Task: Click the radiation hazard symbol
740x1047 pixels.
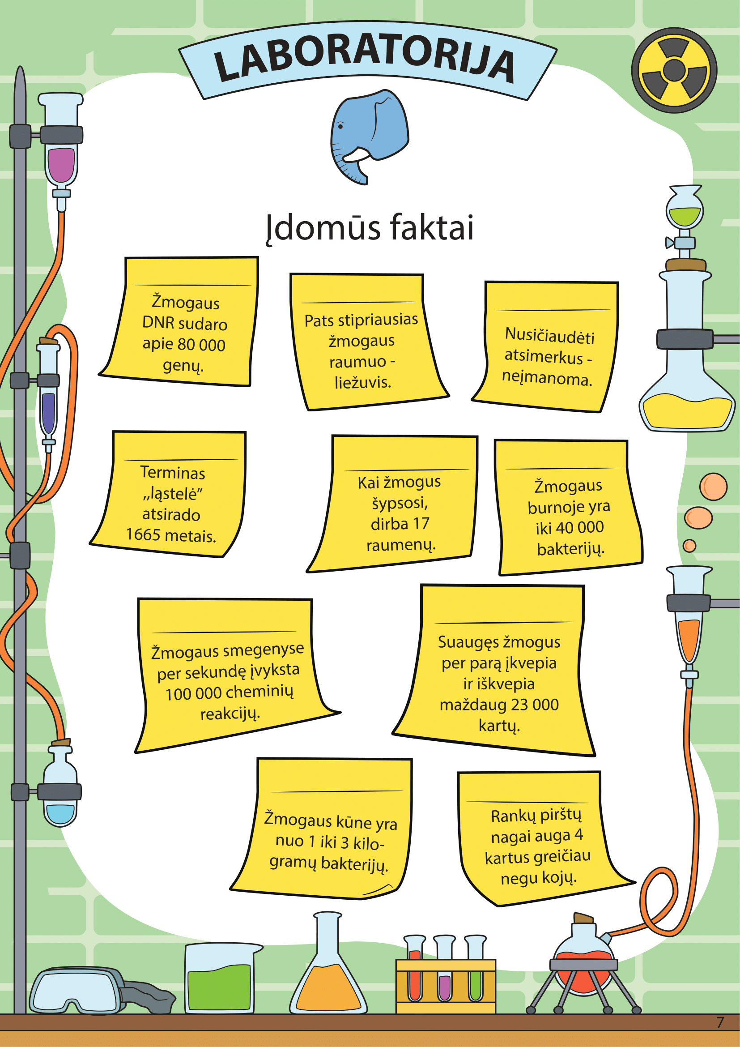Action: tap(674, 70)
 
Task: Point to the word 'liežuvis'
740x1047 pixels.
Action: tap(363, 382)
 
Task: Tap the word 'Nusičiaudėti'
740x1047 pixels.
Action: tap(549, 336)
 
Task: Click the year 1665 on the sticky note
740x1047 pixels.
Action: tap(142, 534)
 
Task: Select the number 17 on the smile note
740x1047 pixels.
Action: tap(421, 524)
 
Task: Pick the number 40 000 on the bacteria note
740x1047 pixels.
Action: tap(579, 527)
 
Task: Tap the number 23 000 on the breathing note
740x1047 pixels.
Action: tap(535, 705)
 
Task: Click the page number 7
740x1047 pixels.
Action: tap(720, 1022)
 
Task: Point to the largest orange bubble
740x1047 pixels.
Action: tap(713, 487)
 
